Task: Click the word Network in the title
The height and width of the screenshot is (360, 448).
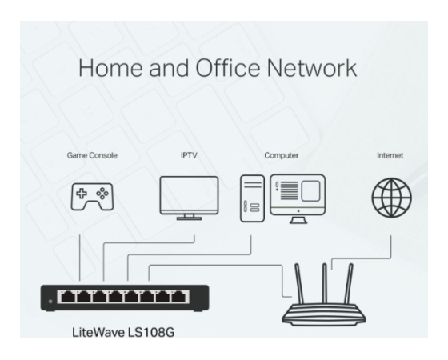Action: [x=312, y=68]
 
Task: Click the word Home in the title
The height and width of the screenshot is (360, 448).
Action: [x=110, y=68]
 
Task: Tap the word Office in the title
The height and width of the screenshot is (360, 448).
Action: [x=228, y=68]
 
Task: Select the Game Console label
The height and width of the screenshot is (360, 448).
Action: [x=92, y=155]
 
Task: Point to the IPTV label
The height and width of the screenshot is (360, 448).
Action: [x=189, y=155]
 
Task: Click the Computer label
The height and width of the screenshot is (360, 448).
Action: [x=281, y=156]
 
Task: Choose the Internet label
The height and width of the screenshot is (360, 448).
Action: [x=390, y=155]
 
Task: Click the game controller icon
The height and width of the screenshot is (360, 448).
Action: [x=92, y=197]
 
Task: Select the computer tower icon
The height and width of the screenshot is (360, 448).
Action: [x=252, y=198]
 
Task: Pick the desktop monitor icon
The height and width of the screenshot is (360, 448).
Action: [x=298, y=198]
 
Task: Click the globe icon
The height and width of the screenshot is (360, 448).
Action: [x=391, y=198]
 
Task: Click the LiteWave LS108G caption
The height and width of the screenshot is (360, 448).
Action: [x=123, y=333]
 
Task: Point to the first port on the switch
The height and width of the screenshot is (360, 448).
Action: [x=68, y=297]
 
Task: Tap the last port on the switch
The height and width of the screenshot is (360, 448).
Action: [x=178, y=297]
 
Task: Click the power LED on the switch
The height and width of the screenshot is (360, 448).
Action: [x=50, y=302]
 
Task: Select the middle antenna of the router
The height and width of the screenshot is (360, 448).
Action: [x=325, y=283]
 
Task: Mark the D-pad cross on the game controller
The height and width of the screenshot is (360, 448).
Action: [x=82, y=194]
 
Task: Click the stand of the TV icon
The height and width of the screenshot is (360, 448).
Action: [x=189, y=217]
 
